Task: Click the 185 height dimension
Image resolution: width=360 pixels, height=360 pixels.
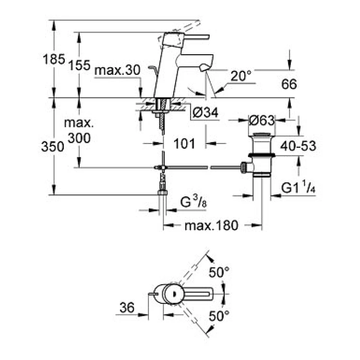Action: point(54,59)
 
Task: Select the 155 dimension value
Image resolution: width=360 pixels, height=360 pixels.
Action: point(79,65)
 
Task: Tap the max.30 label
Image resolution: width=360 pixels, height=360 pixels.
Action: point(117,70)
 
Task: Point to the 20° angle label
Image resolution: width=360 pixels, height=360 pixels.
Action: point(241,76)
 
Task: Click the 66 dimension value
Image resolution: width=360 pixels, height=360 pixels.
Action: point(289,84)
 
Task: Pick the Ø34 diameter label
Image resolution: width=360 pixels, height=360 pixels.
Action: point(205,113)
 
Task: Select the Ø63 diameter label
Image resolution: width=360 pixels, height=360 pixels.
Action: point(262,120)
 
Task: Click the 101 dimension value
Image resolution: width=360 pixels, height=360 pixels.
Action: point(184,144)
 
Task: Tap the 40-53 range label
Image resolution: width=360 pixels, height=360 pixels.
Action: point(298,146)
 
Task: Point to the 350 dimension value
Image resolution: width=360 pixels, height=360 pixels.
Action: point(53,146)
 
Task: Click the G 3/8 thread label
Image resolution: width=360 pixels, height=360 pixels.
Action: point(193,202)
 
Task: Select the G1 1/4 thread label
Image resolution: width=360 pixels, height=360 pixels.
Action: point(298,187)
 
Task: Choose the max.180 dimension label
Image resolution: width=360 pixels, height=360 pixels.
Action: point(212,226)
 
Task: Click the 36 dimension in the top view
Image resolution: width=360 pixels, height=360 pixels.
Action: point(127,307)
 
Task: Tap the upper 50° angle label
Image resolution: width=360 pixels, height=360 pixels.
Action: point(219,272)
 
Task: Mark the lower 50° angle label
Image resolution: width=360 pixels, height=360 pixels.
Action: point(219,316)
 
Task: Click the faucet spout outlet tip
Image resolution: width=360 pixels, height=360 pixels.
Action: point(205,68)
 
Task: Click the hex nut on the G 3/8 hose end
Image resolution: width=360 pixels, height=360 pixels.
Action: point(163,192)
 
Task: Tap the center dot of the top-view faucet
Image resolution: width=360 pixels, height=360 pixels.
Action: point(174,294)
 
